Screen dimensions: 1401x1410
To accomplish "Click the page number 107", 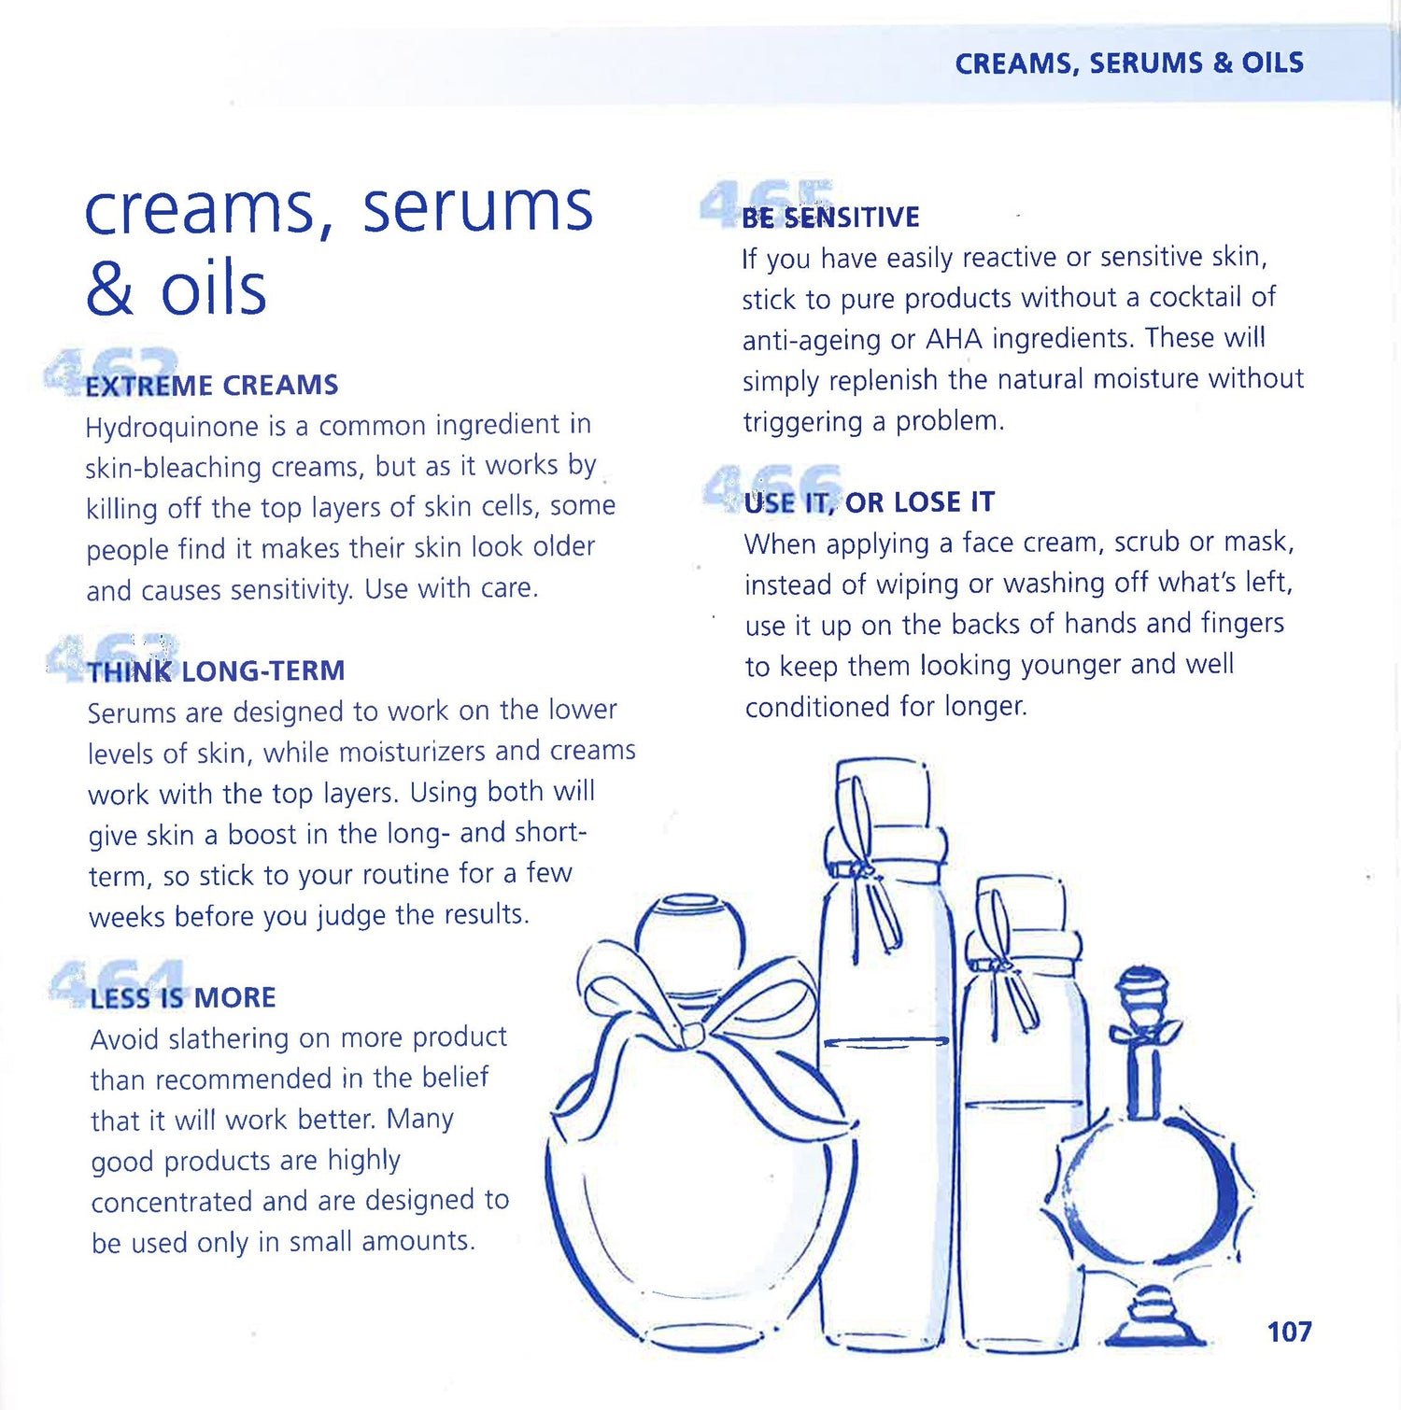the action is pyautogui.click(x=1289, y=1331).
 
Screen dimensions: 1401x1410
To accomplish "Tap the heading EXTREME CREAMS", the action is pyautogui.click(x=211, y=385).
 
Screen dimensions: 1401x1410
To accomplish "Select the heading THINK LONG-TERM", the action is pyautogui.click(x=216, y=670).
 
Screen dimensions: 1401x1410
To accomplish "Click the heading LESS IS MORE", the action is pyautogui.click(x=183, y=997).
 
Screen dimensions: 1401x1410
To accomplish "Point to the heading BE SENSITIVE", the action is pyautogui.click(x=830, y=217).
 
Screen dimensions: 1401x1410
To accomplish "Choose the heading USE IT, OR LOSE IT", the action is pyautogui.click(x=870, y=502).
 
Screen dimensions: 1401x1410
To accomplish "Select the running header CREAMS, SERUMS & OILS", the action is pyautogui.click(x=1129, y=63).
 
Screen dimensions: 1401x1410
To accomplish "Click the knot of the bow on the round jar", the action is pyautogui.click(x=693, y=1033).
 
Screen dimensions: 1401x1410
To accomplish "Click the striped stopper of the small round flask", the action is pyautogui.click(x=1142, y=990).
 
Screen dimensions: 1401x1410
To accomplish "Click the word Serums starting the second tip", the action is pyautogui.click(x=132, y=713).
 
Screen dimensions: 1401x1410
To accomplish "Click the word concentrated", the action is pyautogui.click(x=172, y=1202).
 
